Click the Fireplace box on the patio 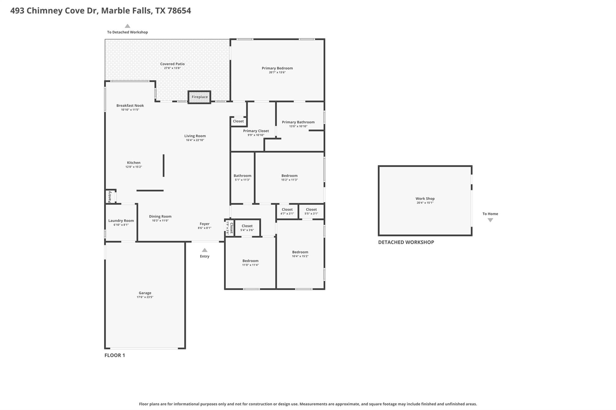click(x=199, y=97)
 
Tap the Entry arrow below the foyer click(x=205, y=250)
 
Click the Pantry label click(x=110, y=197)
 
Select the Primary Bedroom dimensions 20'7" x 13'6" click(x=277, y=72)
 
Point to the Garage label click(x=145, y=293)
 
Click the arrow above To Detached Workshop click(x=128, y=26)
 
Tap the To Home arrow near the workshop click(x=490, y=220)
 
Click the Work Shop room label click(x=425, y=199)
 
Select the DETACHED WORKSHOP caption click(x=406, y=242)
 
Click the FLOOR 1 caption click(x=115, y=355)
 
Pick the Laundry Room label click(x=121, y=221)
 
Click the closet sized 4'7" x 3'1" click(x=287, y=211)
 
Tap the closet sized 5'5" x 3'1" click(x=311, y=211)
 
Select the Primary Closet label click(x=256, y=131)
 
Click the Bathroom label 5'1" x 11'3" click(x=242, y=176)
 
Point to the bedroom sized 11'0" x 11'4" click(x=250, y=263)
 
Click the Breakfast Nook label click(x=130, y=105)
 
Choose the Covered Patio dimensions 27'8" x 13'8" click(x=172, y=68)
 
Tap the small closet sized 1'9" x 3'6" click(x=229, y=228)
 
